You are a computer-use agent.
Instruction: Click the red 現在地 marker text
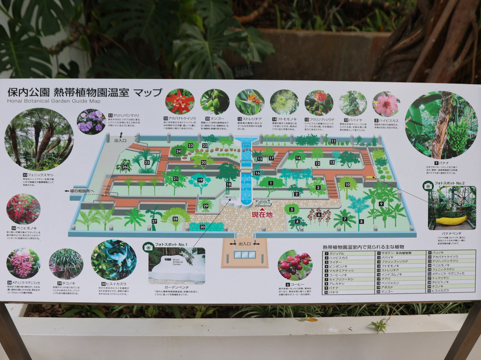[262, 214]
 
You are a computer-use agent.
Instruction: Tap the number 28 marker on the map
[175, 218]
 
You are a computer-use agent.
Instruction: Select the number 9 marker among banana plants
[381, 204]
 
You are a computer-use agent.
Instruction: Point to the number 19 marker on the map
[200, 180]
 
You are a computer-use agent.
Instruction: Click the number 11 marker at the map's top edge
[333, 141]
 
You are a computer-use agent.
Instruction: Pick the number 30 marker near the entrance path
[202, 227]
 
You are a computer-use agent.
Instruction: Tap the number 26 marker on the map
[124, 167]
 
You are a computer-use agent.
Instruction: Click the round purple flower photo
[91, 122]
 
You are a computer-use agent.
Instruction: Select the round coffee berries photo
[295, 265]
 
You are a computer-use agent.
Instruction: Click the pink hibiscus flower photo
[386, 104]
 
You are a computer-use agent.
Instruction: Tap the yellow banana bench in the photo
[450, 220]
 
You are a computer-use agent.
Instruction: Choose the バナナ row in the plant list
[347, 288]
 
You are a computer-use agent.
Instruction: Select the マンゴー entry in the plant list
[392, 292]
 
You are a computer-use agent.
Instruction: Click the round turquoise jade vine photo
[114, 260]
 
